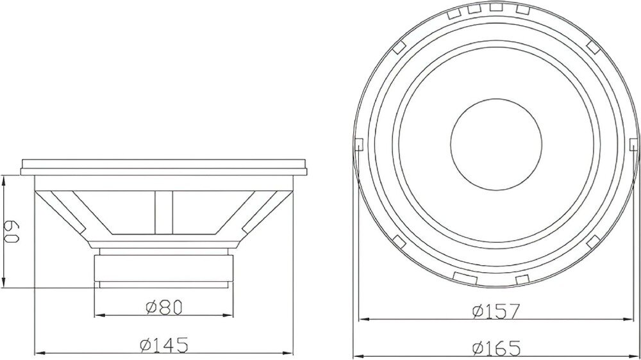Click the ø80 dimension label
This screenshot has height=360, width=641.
(163, 307)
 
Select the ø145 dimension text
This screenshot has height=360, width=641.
(164, 345)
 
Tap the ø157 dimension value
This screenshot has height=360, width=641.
(495, 311)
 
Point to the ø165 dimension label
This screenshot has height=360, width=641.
(496, 348)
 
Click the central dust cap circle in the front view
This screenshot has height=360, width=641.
(496, 144)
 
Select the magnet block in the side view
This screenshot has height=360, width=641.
(163, 268)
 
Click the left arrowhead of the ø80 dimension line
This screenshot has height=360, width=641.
(99, 315)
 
